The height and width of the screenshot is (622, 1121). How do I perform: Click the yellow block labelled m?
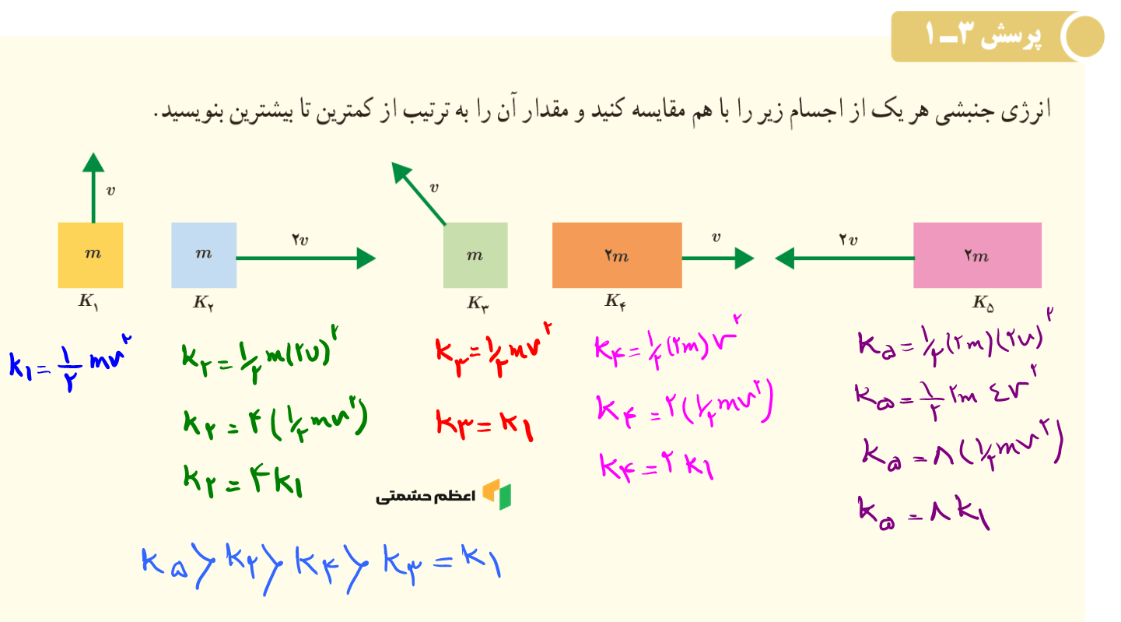[x=90, y=255]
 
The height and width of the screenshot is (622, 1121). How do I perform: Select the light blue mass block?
[x=204, y=255]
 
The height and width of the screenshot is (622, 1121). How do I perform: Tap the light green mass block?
[x=475, y=255]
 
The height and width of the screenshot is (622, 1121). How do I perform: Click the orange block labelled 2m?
[x=617, y=255]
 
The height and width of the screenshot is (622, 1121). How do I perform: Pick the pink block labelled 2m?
[x=977, y=255]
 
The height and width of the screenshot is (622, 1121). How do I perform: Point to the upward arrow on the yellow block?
[x=93, y=188]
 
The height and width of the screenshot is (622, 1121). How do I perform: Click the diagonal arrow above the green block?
[x=419, y=193]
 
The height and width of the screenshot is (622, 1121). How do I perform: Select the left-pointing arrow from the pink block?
[x=844, y=258]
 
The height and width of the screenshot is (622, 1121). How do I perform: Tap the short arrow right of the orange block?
[x=718, y=258]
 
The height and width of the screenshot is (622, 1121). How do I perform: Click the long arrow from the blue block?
[x=306, y=258]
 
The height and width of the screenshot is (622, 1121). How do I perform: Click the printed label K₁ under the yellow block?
[x=89, y=302]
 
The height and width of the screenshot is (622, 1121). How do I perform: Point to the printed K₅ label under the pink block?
[x=983, y=303]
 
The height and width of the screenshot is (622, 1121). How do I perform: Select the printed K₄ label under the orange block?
[x=615, y=302]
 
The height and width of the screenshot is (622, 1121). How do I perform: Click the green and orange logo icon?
[x=497, y=494]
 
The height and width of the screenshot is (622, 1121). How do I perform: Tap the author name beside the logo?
[x=426, y=497]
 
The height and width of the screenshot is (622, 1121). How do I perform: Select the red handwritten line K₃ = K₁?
[x=485, y=425]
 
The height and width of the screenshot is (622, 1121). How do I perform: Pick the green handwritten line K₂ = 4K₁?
[x=243, y=481]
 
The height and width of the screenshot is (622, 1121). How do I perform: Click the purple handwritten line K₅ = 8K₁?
[x=924, y=512]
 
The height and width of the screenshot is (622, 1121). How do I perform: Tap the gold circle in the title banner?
[x=1084, y=37]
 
